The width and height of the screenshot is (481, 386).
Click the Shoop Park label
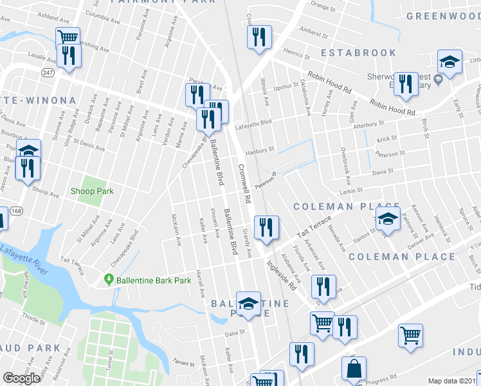coord(92,191)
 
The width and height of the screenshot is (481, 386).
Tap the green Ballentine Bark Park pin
coord(109,279)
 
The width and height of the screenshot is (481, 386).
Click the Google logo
coord(21,378)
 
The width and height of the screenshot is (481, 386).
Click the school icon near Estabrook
coord(449,63)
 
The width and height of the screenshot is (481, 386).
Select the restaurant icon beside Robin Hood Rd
coord(404,84)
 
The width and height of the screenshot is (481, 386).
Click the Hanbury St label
coord(260,149)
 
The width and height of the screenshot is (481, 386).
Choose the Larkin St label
coord(351,190)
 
